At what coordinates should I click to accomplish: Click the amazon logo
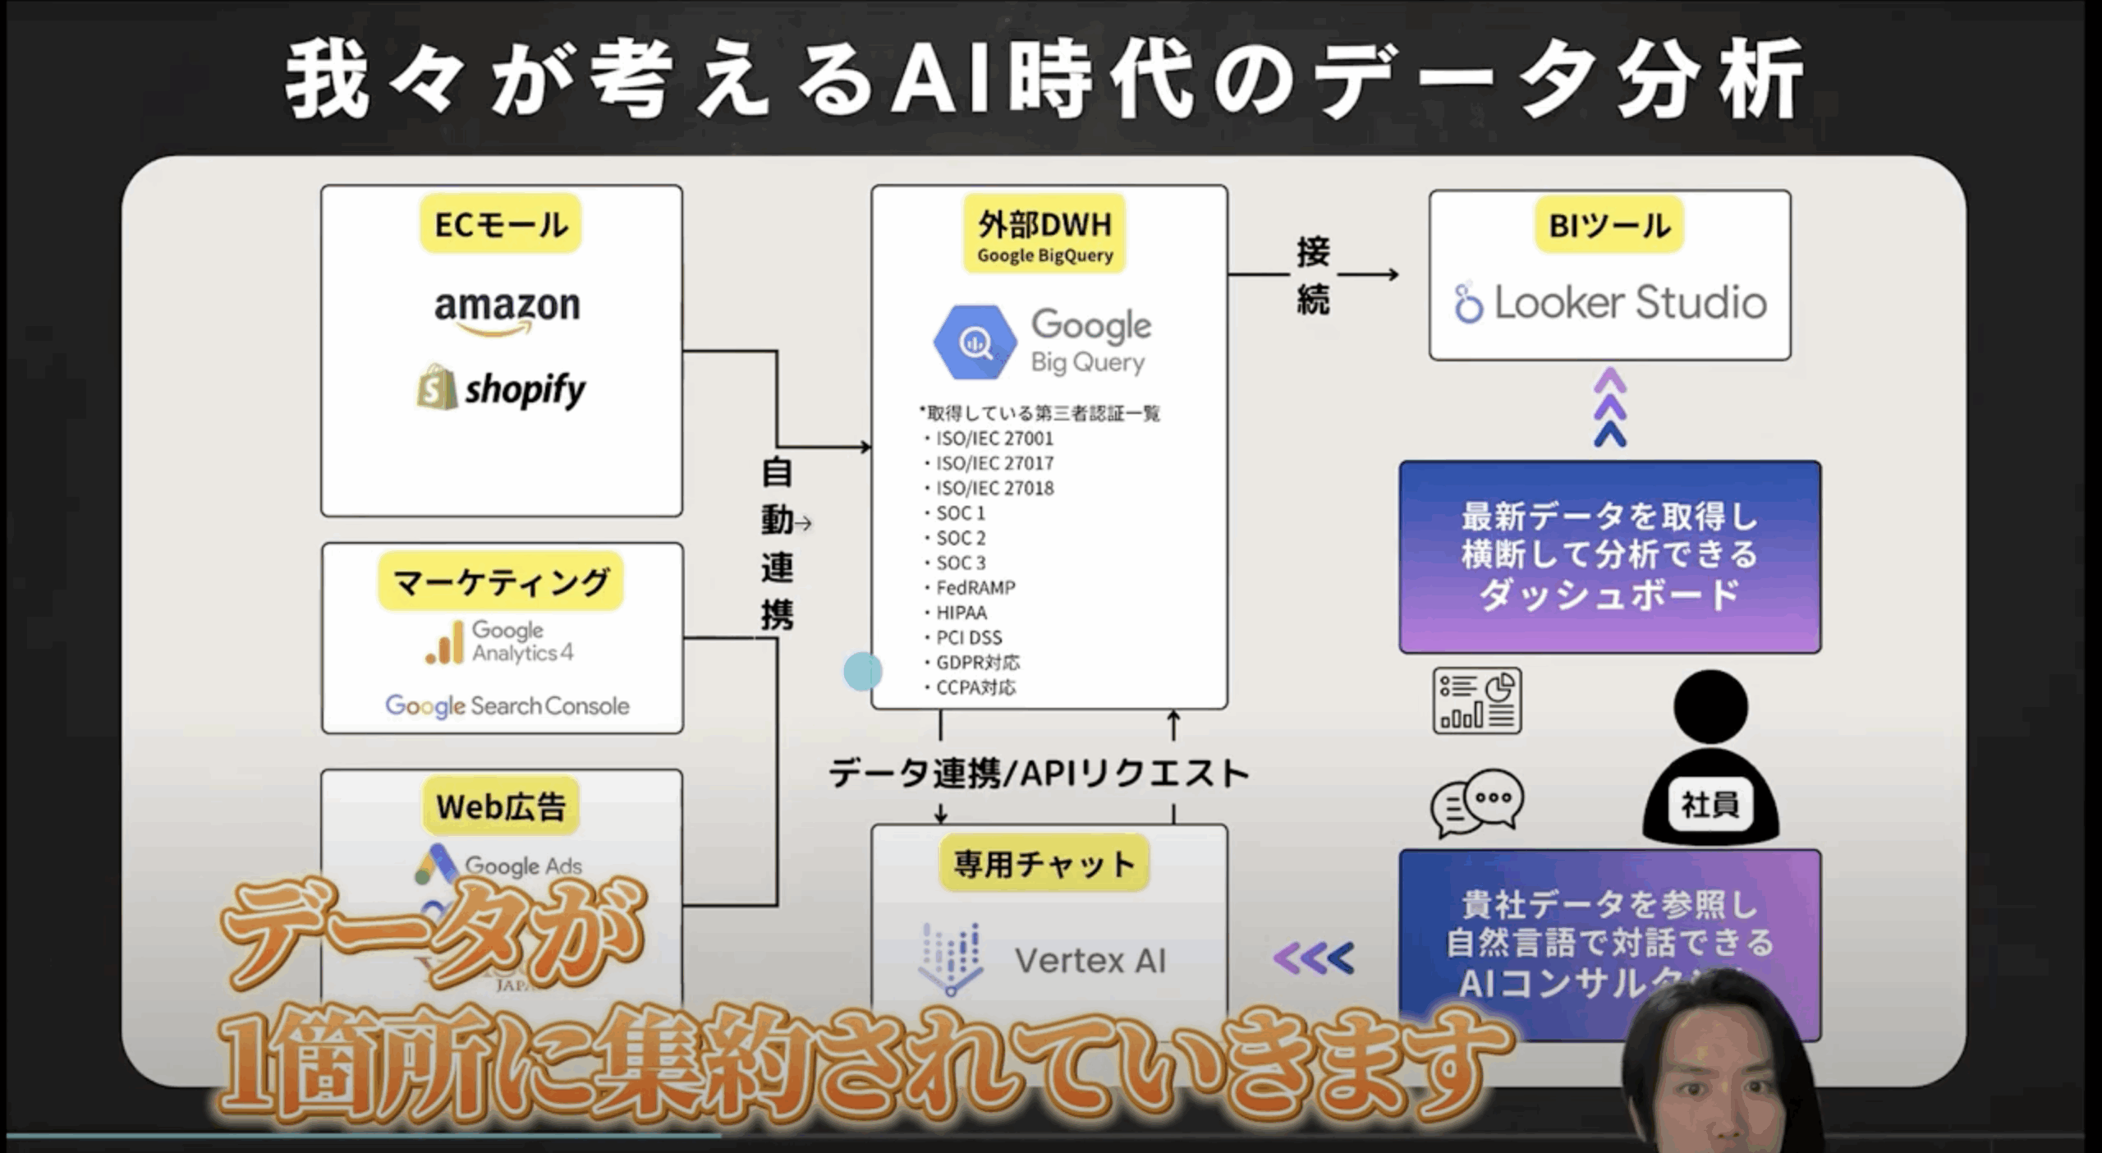[x=507, y=310]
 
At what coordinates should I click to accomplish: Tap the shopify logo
[x=502, y=388]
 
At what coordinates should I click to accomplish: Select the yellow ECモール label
[x=501, y=224]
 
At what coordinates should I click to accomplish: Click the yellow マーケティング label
[x=501, y=582]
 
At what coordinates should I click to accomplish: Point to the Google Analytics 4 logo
[x=499, y=642]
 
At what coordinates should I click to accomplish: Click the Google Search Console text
[x=507, y=705]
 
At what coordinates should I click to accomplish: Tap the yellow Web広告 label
[x=501, y=806]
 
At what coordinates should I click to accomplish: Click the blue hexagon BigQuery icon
[x=975, y=342]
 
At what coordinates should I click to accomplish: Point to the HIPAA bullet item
[x=962, y=613]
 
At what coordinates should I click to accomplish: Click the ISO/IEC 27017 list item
[x=994, y=463]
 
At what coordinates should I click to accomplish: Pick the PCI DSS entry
[x=969, y=637]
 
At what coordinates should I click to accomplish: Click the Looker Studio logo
[x=1610, y=302]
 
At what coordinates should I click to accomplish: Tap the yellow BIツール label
[x=1609, y=225]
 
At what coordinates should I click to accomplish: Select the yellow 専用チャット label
[x=1044, y=863]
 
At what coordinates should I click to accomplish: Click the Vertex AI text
[x=1090, y=960]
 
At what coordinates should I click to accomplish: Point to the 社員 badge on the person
[x=1710, y=804]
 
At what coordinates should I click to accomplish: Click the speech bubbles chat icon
[x=1476, y=802]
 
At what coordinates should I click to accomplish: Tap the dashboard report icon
[x=1477, y=701]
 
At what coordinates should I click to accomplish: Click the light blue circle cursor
[x=862, y=672]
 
